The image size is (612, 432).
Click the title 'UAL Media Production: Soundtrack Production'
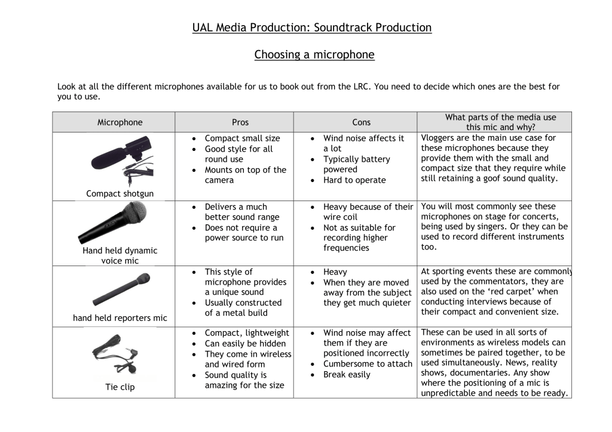pyautogui.click(x=311, y=27)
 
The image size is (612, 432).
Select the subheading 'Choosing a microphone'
pyautogui.click(x=314, y=55)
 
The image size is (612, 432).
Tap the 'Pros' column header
pyautogui.click(x=240, y=122)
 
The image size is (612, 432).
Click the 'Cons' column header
pyautogui.click(x=361, y=122)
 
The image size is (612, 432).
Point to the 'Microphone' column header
pyautogui.click(x=120, y=122)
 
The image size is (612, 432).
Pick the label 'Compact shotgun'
pyautogui.click(x=120, y=193)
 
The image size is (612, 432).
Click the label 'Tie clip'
pyautogui.click(x=120, y=387)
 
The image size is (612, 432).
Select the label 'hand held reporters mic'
pyautogui.click(x=120, y=318)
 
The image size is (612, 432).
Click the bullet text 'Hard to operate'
pyautogui.click(x=354, y=180)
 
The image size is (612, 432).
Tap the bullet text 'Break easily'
pyautogui.click(x=347, y=375)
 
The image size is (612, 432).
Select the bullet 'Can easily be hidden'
pyautogui.click(x=245, y=344)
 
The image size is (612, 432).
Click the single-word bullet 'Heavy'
pyautogui.click(x=335, y=272)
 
